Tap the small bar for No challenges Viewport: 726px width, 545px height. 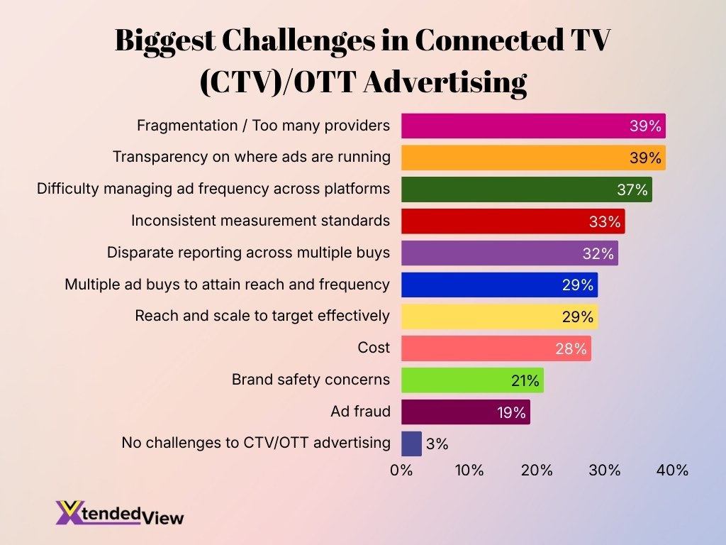coord(411,444)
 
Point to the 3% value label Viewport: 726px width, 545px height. coord(437,444)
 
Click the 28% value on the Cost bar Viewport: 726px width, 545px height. coord(571,348)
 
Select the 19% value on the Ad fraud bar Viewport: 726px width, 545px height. coord(510,412)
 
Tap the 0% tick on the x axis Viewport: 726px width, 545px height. coord(401,470)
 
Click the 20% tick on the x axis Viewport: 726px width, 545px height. coord(537,470)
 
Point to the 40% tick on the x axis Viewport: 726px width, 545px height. coord(671,470)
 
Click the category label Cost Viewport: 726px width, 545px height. coord(374,348)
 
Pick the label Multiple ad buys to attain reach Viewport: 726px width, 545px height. coord(227,285)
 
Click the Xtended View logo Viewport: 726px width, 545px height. coord(119,513)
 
